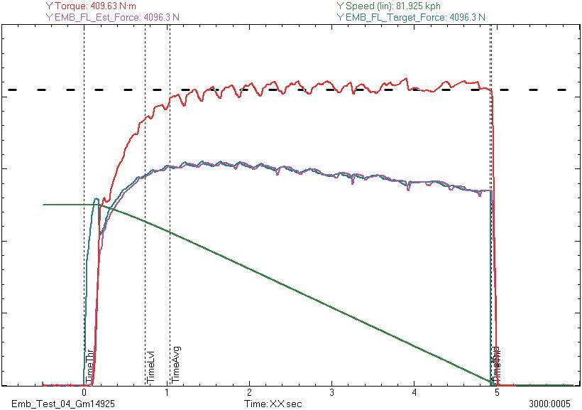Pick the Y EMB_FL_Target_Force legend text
[412, 16]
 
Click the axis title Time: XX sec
[273, 404]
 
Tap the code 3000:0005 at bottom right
[551, 404]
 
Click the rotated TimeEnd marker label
[497, 362]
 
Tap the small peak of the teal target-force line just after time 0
[96, 199]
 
